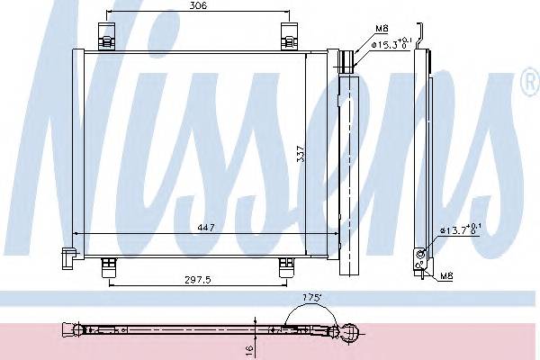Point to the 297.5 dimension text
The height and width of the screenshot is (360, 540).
[194, 279]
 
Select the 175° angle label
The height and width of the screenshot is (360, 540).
[312, 296]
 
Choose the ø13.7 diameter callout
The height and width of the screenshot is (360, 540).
[458, 231]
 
